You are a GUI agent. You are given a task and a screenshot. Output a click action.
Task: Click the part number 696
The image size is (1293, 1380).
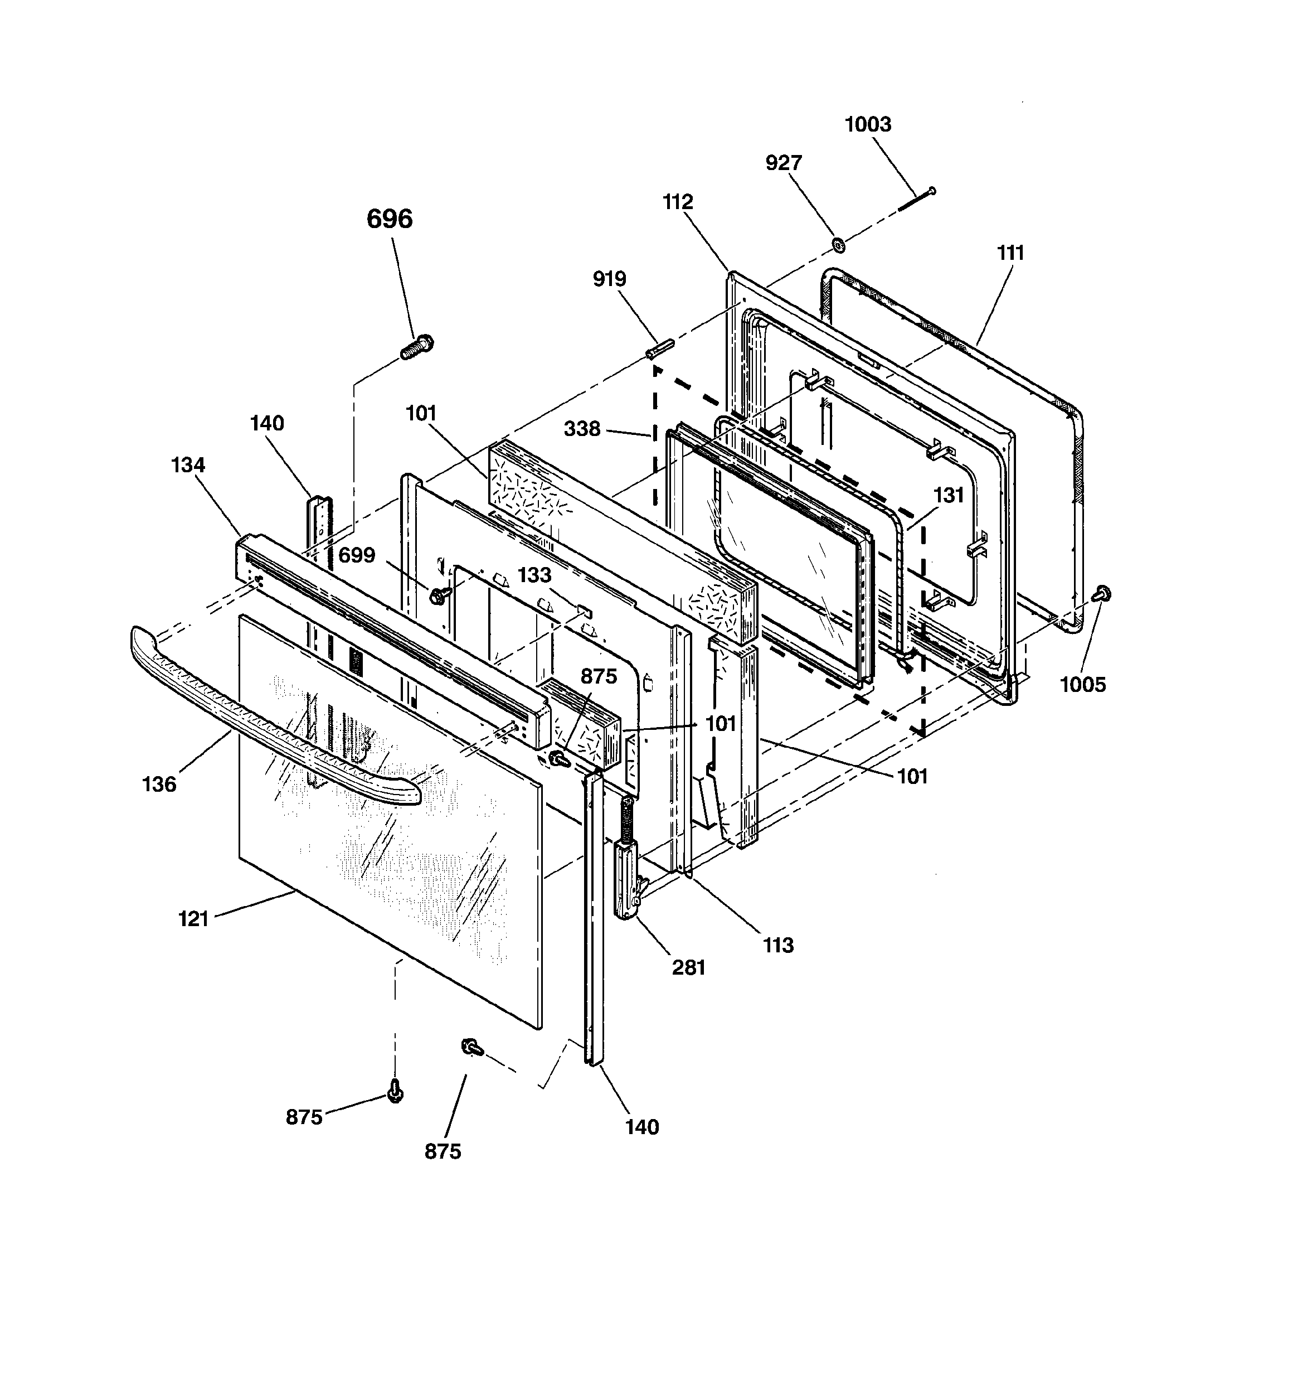[390, 219]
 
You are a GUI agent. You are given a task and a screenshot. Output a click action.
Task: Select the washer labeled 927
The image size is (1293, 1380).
[838, 244]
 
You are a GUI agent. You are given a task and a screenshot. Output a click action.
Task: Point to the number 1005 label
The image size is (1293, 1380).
[1082, 685]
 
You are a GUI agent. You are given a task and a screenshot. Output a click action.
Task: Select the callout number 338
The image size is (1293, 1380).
[582, 429]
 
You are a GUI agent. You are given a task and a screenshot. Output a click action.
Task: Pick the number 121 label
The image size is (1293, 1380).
[193, 919]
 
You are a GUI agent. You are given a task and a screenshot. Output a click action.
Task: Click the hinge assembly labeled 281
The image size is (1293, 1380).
[628, 882]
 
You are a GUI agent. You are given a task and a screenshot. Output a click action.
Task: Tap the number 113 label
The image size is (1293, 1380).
[777, 945]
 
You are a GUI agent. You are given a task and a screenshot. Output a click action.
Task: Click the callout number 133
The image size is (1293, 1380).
[534, 575]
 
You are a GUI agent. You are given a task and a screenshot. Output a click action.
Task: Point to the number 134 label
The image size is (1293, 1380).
[188, 465]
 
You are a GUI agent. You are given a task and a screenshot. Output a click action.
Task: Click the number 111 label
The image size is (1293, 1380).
[1010, 253]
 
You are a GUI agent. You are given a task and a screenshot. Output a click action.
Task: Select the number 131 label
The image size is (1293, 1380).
[948, 495]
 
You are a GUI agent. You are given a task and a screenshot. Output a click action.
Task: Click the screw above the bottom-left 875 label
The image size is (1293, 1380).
[396, 1092]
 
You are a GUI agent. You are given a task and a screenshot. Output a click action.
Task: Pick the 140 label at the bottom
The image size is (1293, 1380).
[641, 1127]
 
